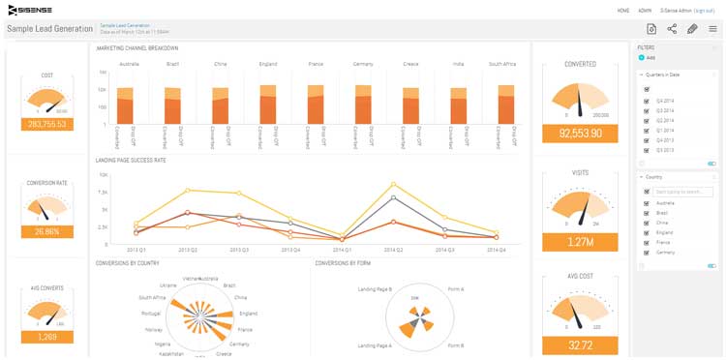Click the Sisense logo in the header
click(x=33, y=10)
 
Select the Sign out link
click(x=704, y=10)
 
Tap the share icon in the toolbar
click(x=672, y=29)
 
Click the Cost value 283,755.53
click(x=47, y=124)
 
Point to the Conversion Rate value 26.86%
click(x=47, y=231)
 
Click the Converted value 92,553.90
click(x=580, y=134)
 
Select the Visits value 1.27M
click(x=580, y=242)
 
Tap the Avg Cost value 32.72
click(x=580, y=344)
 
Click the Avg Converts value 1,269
click(x=47, y=337)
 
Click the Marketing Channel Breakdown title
click(x=136, y=47)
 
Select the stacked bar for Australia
click(x=125, y=105)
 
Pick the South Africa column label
click(x=501, y=64)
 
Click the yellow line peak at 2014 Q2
click(x=394, y=184)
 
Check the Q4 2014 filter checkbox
click(x=647, y=101)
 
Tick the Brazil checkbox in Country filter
click(x=647, y=213)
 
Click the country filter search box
click(x=682, y=192)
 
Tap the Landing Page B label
click(x=374, y=289)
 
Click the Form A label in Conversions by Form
click(x=455, y=289)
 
